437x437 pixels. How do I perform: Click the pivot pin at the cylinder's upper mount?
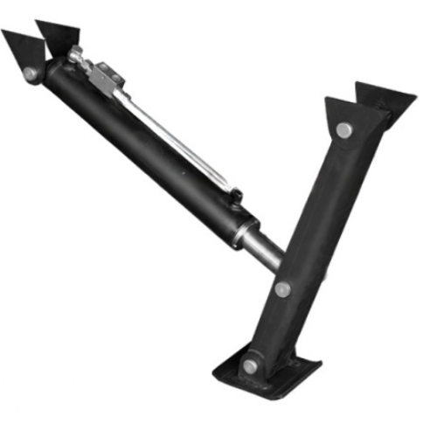pos(32,72)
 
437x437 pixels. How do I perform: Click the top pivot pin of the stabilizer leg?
pos(343,130)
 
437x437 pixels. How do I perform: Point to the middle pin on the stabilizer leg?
pos(281,288)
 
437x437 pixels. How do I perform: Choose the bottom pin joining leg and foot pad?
pos(252,365)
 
